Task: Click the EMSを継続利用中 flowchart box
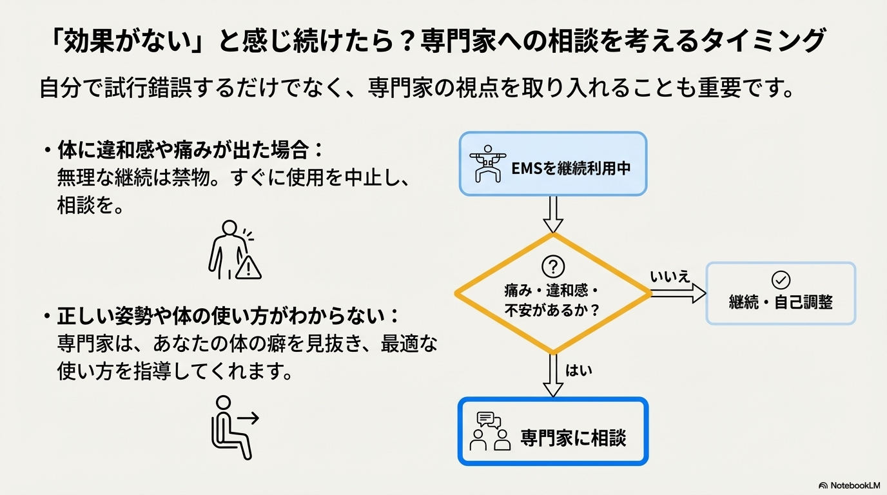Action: point(552,164)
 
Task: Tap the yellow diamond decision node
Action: point(553,293)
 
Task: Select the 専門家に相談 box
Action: point(552,431)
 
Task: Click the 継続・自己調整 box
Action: point(781,293)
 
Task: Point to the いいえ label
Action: point(670,277)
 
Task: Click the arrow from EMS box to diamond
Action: point(553,214)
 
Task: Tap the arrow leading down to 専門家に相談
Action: point(553,375)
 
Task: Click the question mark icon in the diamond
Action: point(553,266)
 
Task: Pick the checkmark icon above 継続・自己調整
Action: point(781,280)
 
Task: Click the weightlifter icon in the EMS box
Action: point(487,164)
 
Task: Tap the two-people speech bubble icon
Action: point(491,431)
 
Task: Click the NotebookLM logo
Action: point(848,485)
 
